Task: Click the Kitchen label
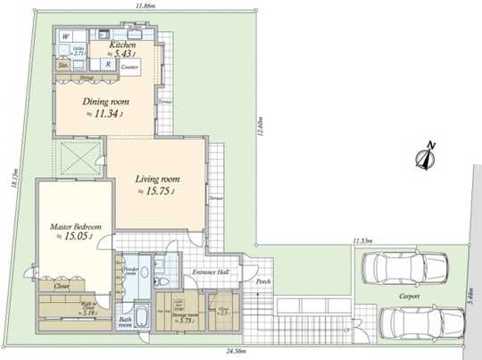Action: [122, 45]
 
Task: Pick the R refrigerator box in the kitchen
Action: [107, 64]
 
